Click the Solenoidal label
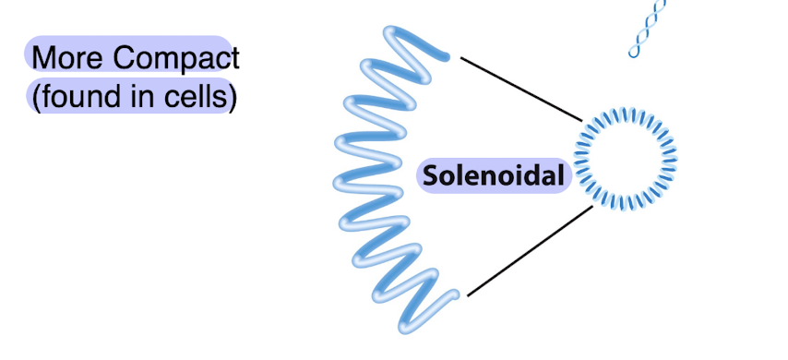point(495,175)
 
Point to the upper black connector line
point(521,90)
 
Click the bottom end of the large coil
point(452,296)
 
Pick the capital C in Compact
point(125,58)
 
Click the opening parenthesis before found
point(35,96)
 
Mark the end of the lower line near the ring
point(591,209)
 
